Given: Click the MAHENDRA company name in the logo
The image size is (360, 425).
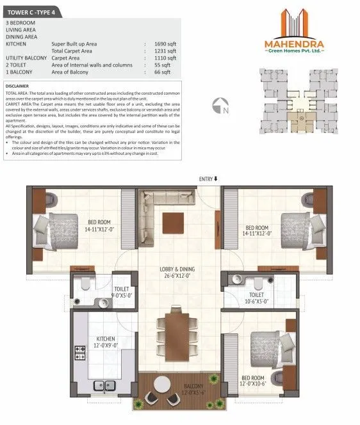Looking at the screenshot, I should click(294, 45).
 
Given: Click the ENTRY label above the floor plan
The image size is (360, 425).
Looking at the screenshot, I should click(208, 179).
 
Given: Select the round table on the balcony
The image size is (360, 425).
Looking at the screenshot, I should click(163, 383).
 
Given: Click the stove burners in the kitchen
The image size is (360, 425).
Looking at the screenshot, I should click(81, 353).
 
